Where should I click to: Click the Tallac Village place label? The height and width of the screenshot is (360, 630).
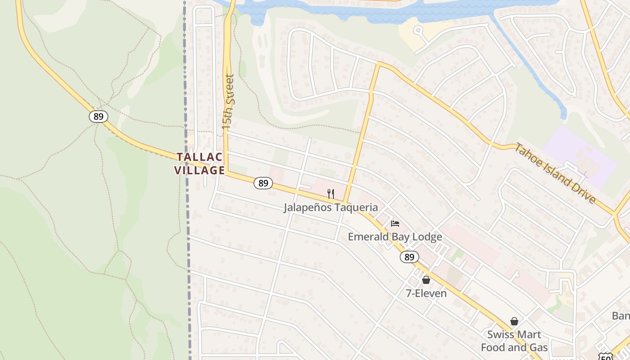200,163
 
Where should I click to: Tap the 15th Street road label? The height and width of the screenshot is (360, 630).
229,102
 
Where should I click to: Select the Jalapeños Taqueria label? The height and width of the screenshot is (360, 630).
330,207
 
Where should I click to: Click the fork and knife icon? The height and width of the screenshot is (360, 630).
331,194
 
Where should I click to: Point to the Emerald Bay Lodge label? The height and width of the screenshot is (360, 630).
395,237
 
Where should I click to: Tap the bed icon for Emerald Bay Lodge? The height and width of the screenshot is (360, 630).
395,223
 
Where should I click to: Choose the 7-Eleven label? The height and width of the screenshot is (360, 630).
426,293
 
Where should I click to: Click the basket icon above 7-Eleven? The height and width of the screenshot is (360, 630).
426,280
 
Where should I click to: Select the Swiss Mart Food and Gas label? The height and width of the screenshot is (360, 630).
514,341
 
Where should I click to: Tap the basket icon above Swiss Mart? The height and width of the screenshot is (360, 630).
514,321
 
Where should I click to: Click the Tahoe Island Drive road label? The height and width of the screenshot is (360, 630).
556,173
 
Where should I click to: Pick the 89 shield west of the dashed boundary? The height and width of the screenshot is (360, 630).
98,117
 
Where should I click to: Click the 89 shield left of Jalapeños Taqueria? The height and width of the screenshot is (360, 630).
263,183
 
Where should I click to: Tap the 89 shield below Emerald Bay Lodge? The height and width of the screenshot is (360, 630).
409,257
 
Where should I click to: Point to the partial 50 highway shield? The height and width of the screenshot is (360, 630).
606,356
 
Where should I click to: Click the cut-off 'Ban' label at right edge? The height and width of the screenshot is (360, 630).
621,315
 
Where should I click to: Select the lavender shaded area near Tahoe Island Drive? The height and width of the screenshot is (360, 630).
580,155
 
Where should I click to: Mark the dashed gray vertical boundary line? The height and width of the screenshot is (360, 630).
186,225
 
